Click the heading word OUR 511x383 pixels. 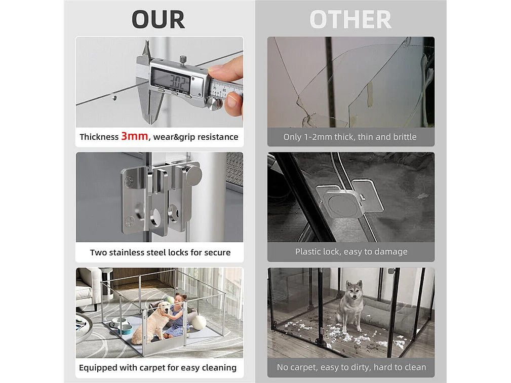coord(159,20)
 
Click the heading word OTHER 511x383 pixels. coord(350,20)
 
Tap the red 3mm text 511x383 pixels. coord(134,136)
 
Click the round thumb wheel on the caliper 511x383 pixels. coord(214,104)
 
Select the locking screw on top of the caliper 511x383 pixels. coord(184,60)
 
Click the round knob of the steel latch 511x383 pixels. coord(193,174)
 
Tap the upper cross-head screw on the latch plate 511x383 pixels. coord(129,181)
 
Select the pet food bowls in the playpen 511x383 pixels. coord(121,325)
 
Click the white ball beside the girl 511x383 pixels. coord(199,323)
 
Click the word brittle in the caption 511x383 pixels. coord(405,137)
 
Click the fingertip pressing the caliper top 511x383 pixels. coord(218,69)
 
